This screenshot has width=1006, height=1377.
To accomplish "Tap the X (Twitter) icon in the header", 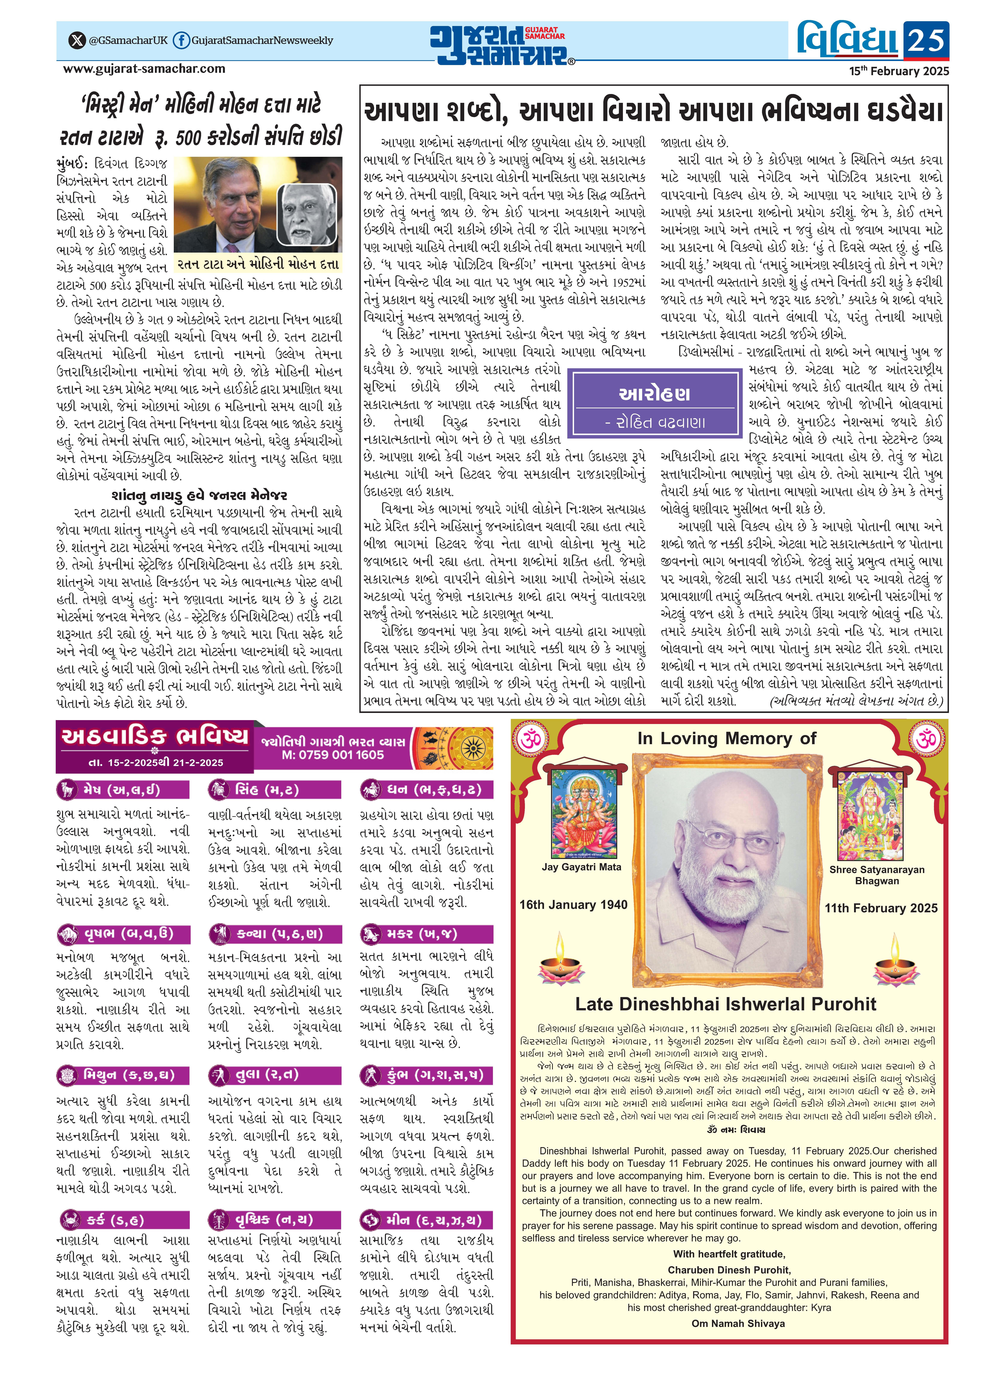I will click(x=75, y=41).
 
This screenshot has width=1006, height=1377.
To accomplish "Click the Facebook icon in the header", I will click(x=181, y=41).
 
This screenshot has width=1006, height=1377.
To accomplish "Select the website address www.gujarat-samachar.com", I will click(x=144, y=69).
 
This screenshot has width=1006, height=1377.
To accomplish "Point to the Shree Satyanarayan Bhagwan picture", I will click(x=876, y=816).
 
